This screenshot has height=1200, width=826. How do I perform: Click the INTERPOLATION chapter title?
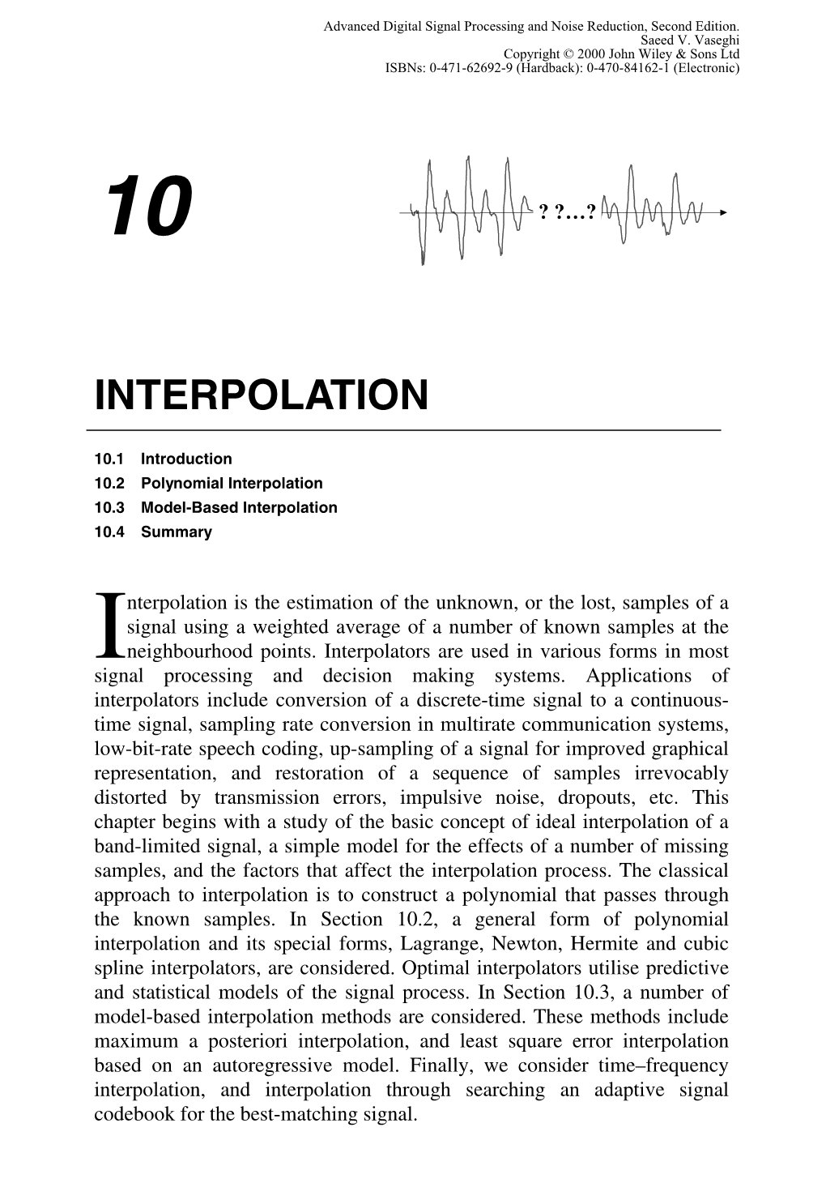click(260, 395)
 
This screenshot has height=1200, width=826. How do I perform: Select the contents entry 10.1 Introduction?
click(163, 459)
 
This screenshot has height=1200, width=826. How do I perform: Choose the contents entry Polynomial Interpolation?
click(231, 483)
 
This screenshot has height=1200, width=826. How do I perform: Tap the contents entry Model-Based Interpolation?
click(238, 507)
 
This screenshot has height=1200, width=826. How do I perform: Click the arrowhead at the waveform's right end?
click(722, 212)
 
